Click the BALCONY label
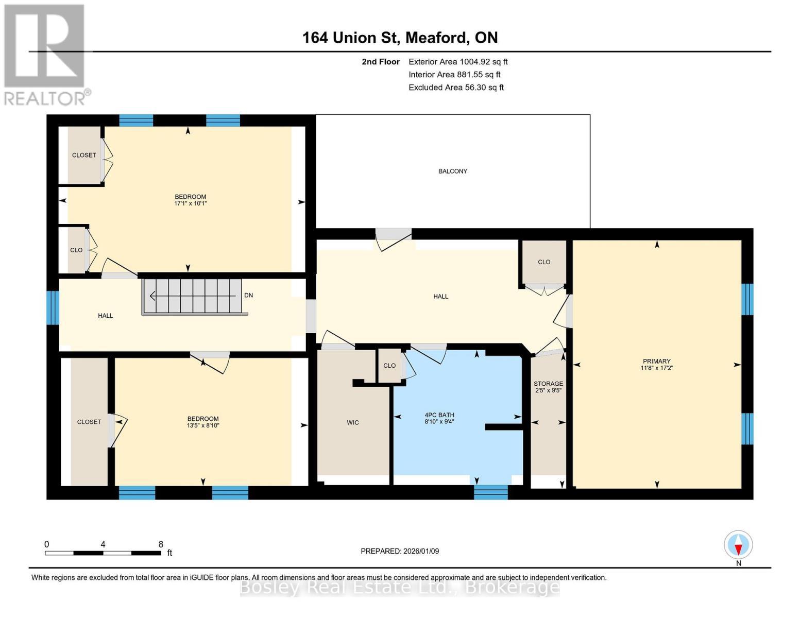pos(452,171)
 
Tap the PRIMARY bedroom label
pos(656,361)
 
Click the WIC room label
pos(352,422)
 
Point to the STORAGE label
pos(548,384)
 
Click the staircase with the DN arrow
pos(193,296)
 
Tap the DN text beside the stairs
pos(248,295)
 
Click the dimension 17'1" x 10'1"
pos(190,203)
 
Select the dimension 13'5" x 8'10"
pos(203,425)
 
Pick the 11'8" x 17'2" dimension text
pos(656,368)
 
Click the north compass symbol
pos(738,545)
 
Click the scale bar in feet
pos(103,553)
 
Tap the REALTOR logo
pos(44,54)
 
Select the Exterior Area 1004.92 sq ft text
pos(458,61)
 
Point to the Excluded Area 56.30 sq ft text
pos(456,88)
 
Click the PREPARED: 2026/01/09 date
pos(400,551)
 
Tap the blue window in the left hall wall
pos(53,308)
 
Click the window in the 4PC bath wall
pos(490,492)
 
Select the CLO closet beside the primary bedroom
pos(544,262)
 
